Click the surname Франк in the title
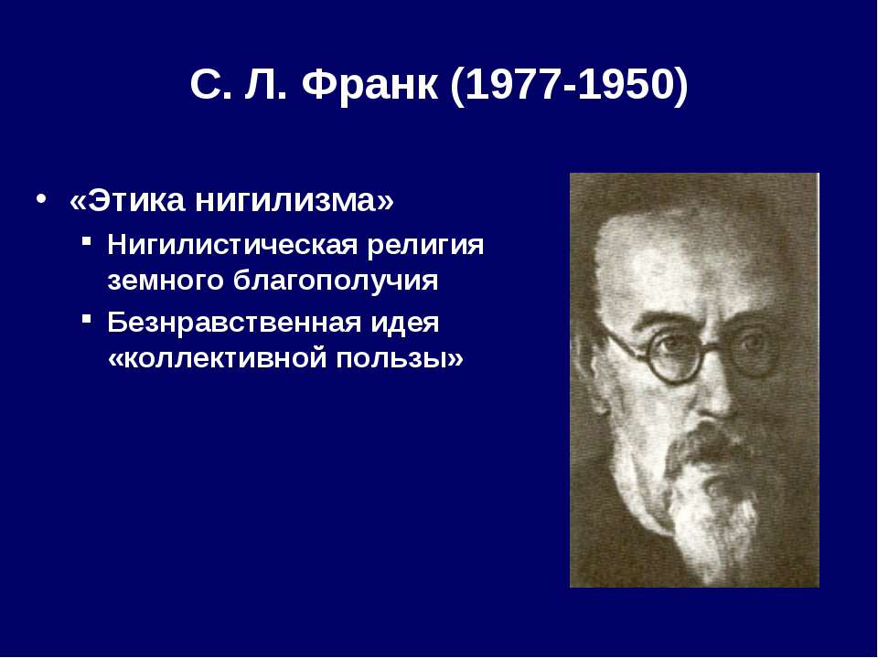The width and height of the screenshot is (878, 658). tap(369, 85)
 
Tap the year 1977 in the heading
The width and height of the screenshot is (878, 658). tap(513, 85)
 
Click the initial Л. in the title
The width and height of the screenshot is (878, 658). tap(265, 85)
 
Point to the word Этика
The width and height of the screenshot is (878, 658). tap(135, 200)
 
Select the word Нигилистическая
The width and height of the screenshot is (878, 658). tap(231, 246)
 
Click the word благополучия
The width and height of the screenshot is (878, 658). tap(336, 281)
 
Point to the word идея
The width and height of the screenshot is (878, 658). tap(405, 323)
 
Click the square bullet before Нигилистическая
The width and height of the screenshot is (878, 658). tap(86, 240)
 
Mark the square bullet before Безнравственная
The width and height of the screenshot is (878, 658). tap(86, 319)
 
